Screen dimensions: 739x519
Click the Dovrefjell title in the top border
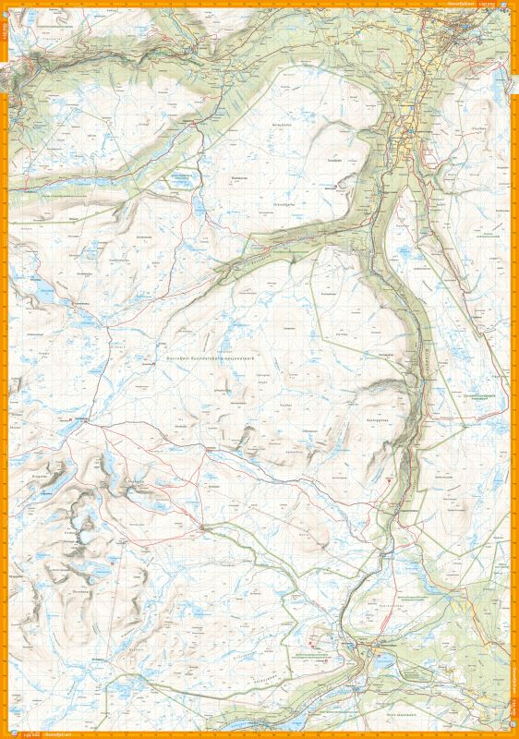pyautogui.click(x=460, y=5)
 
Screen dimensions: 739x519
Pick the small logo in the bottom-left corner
pyautogui.click(x=6, y=733)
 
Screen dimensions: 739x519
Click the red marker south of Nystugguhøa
pyautogui.click(x=391, y=480)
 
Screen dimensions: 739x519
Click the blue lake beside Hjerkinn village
pyautogui.click(x=378, y=661)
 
